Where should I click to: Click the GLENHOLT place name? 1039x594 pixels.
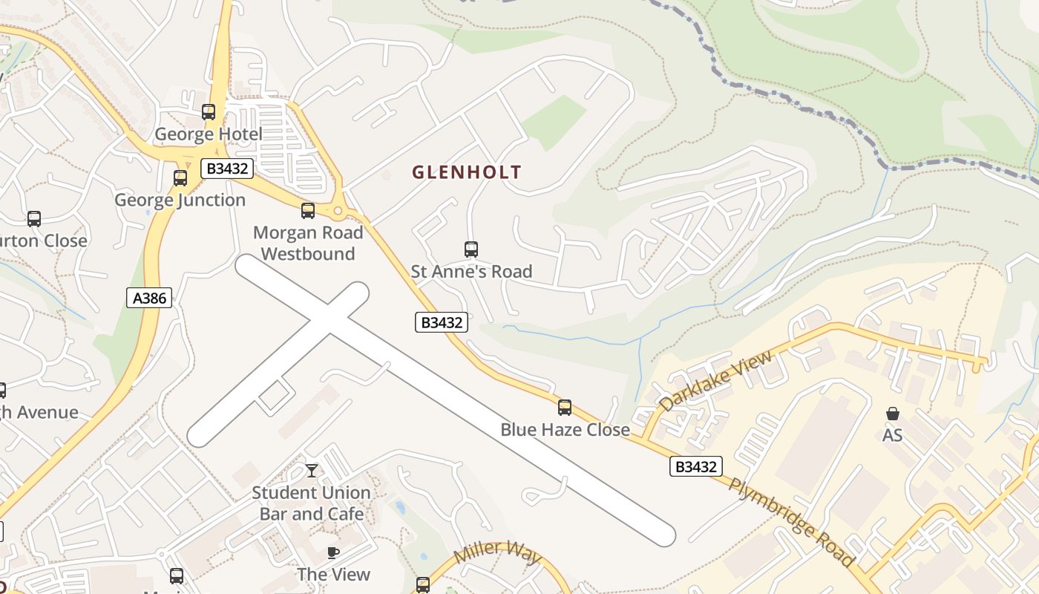point(467,172)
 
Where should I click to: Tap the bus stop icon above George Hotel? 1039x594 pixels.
point(209,112)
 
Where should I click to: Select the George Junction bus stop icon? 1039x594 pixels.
point(180,178)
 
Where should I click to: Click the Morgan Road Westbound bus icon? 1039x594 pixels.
point(308,211)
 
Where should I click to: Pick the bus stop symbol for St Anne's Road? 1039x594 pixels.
point(471,249)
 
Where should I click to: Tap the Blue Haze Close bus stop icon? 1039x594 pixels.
point(565,408)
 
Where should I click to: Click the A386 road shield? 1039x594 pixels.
point(149,298)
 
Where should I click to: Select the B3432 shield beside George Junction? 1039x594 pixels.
point(227,169)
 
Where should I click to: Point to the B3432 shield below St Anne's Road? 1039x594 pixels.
point(442,322)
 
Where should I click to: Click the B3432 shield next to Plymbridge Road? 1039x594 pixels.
point(695,466)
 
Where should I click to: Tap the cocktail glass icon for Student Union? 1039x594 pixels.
point(312,471)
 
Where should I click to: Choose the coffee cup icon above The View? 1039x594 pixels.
point(333,552)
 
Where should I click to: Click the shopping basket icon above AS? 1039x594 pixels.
point(893,414)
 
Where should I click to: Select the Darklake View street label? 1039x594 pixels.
point(715,380)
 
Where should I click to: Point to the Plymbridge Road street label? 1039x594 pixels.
point(791,523)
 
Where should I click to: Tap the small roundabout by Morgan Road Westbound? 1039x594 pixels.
point(338,212)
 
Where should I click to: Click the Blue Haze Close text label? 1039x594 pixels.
point(565,429)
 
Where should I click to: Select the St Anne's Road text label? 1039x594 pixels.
point(471,272)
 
